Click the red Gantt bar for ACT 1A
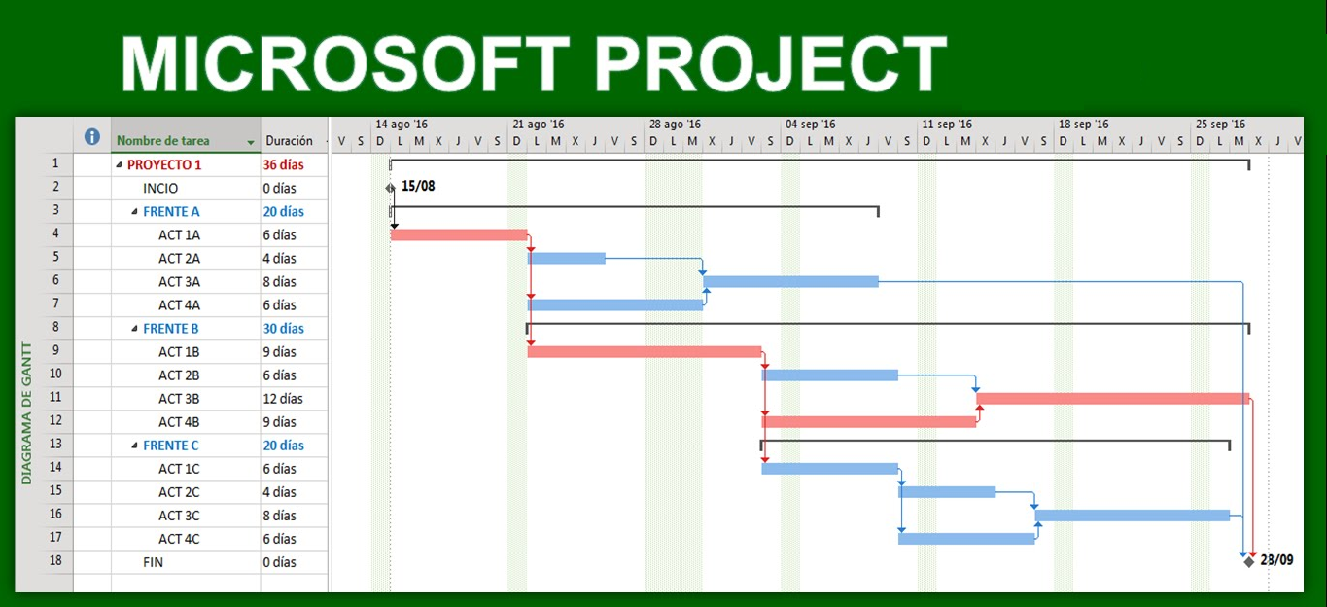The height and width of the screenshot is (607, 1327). point(458,234)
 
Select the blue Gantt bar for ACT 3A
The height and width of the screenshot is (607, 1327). point(789,282)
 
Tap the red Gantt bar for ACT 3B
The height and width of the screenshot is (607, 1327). point(1112,399)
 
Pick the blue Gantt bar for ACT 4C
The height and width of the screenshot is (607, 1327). point(965,539)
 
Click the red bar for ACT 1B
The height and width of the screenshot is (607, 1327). point(644,352)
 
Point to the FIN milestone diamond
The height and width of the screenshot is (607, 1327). point(1248,561)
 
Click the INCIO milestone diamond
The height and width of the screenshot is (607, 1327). point(391,188)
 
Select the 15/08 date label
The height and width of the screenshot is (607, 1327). point(418,186)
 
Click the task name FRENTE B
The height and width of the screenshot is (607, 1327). point(171,329)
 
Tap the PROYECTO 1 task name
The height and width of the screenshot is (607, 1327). point(164,165)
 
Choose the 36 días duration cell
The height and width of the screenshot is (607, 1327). point(284,165)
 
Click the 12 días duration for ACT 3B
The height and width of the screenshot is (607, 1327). point(283,399)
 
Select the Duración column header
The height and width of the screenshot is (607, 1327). point(290,141)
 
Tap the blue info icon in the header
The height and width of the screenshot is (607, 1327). point(92,137)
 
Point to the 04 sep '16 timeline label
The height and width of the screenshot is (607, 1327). point(811,125)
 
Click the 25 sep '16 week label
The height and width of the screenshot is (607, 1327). point(1220,125)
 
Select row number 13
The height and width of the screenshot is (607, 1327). point(55,446)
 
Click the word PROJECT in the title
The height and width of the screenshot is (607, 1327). point(771,65)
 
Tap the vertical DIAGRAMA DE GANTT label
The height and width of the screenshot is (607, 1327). point(27,412)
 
